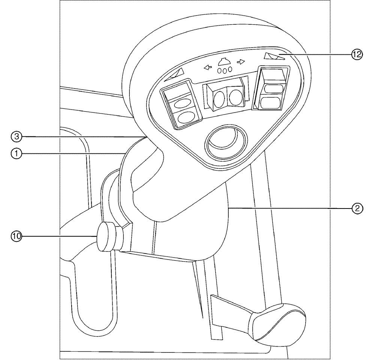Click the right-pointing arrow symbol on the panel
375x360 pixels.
pos(241,62)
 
